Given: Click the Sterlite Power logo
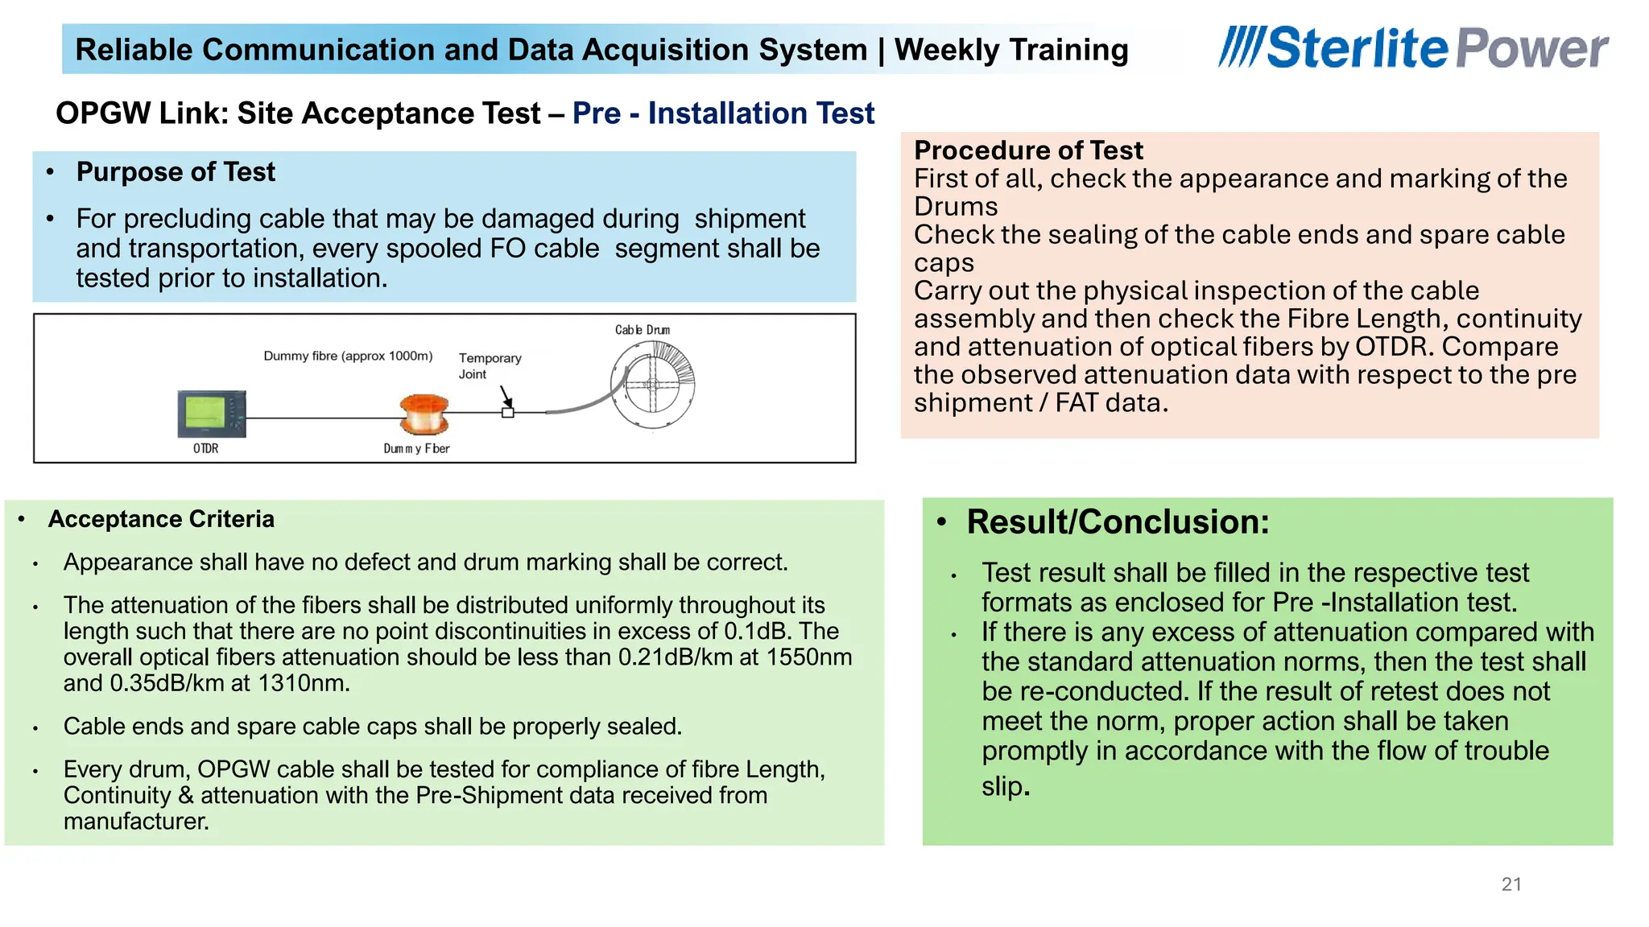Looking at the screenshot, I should point(1413,48).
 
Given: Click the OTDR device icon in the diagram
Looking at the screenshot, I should point(212,414).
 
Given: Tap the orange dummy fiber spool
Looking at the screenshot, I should point(424,414).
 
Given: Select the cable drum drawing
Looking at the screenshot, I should point(652,384).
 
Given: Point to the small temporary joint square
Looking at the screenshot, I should point(508,413).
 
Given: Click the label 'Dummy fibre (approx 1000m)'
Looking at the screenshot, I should point(348,356).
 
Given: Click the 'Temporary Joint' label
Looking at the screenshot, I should point(490,365).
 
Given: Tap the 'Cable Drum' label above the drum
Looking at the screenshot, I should point(642,330).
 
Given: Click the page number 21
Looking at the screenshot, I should point(1511,884).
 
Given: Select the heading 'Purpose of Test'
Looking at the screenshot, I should point(176,172).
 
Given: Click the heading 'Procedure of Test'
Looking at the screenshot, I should point(1028,150).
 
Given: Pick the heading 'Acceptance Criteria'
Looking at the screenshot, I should point(161,519).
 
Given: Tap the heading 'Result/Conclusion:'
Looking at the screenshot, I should point(1118,522).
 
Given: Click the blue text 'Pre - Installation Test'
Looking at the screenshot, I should point(723,113).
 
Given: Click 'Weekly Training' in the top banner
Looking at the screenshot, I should point(1010,50).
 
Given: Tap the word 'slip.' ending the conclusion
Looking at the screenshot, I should point(1006,786).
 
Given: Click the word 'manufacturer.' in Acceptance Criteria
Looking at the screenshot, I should point(136,822).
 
